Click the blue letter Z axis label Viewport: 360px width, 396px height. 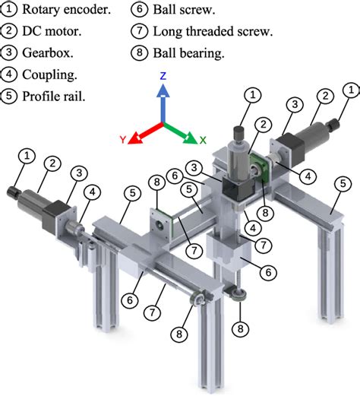(163, 77)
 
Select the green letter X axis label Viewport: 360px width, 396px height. (203, 140)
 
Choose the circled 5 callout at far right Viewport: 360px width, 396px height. (343, 182)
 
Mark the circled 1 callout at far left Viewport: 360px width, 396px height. (27, 156)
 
